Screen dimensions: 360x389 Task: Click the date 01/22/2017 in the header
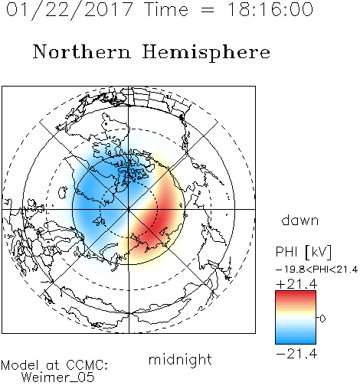(69, 10)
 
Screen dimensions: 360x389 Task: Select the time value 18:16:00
(270, 9)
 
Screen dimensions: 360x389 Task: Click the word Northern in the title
(82, 52)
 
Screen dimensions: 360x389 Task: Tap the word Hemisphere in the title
(206, 53)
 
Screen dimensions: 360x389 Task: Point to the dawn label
(300, 220)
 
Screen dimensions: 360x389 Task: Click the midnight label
(180, 359)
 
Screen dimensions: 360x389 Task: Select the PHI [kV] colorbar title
(303, 252)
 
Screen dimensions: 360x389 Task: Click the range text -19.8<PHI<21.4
(316, 270)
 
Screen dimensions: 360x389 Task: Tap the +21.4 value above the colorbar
(296, 284)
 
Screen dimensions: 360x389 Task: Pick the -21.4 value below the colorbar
(296, 354)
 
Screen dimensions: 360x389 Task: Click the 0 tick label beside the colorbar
(322, 319)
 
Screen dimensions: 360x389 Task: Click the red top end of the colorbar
(296, 293)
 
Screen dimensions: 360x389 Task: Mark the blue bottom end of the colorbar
(296, 342)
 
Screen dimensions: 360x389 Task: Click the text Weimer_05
(58, 378)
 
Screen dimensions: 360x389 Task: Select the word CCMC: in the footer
(87, 365)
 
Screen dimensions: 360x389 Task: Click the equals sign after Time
(207, 10)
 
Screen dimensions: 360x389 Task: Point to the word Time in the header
(166, 9)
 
